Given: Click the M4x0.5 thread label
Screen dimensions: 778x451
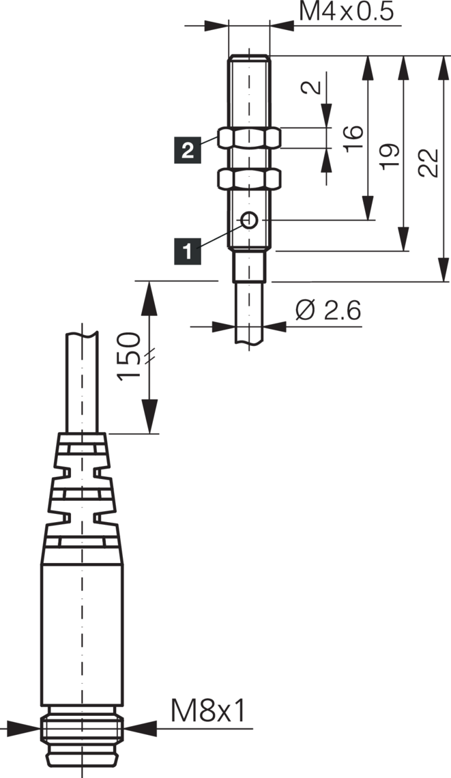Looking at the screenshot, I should (347, 12).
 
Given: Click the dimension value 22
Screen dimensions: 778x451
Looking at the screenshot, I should (428, 162).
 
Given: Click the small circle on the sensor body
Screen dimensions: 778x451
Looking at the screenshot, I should (250, 220).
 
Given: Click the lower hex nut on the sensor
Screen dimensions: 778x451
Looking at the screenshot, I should (249, 179).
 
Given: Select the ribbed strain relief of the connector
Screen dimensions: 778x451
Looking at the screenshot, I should (82, 488).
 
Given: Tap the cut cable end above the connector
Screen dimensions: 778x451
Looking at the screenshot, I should (83, 334).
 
